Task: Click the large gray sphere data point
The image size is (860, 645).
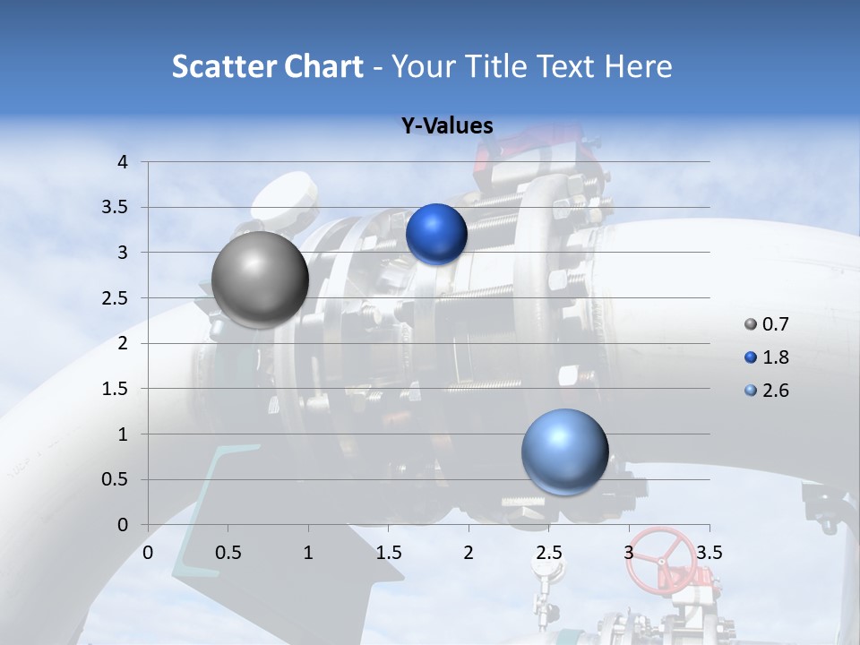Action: [x=260, y=279]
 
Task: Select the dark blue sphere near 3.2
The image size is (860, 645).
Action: [x=436, y=234]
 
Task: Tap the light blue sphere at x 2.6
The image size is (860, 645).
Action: [x=564, y=451]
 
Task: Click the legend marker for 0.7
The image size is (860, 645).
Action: [x=751, y=324]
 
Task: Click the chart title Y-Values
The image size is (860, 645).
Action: [x=447, y=126]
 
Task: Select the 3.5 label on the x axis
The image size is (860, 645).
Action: [x=709, y=553]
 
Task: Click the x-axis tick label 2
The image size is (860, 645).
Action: [x=469, y=553]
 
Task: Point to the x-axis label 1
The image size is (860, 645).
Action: [x=308, y=553]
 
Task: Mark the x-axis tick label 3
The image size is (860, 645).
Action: [x=629, y=553]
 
